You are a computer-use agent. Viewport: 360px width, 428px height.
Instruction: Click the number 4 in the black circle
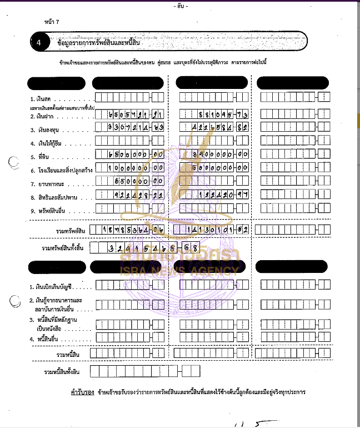pos(38,42)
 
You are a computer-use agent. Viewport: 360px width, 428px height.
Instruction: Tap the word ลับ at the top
pos(181,6)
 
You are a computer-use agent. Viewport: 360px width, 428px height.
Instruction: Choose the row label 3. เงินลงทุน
pos(48,130)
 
